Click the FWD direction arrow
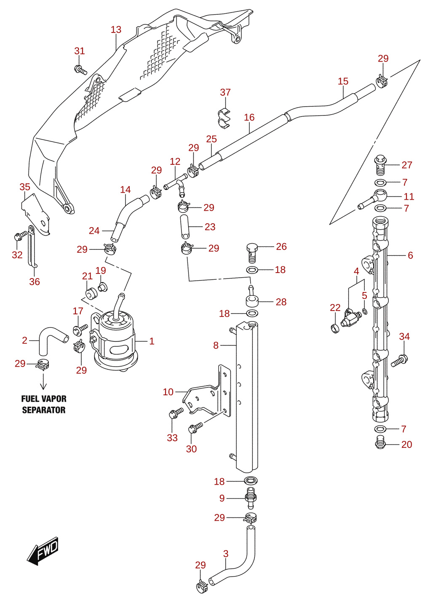pyautogui.click(x=42, y=550)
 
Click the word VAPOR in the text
pyautogui.click(x=54, y=399)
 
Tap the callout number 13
pyautogui.click(x=116, y=29)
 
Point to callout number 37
pyautogui.click(x=225, y=92)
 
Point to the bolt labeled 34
pyautogui.click(x=399, y=360)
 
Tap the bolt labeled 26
pyautogui.click(x=252, y=253)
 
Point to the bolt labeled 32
pyautogui.click(x=21, y=236)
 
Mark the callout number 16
pyautogui.click(x=249, y=117)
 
